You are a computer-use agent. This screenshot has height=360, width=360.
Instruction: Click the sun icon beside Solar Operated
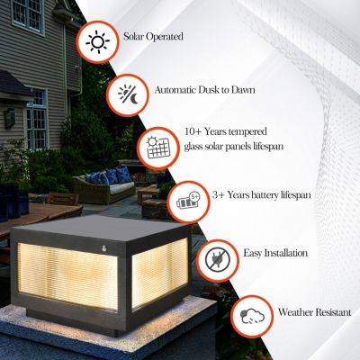coord(96,42)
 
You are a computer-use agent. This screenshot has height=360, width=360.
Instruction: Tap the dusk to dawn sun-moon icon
coord(129,94)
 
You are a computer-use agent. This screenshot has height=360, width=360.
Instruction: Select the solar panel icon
coord(158,145)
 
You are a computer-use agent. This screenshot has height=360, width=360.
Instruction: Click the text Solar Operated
coord(155,38)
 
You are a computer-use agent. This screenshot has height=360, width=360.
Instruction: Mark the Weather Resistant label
coord(315,313)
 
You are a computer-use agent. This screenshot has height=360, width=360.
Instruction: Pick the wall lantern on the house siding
coord(9,117)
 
